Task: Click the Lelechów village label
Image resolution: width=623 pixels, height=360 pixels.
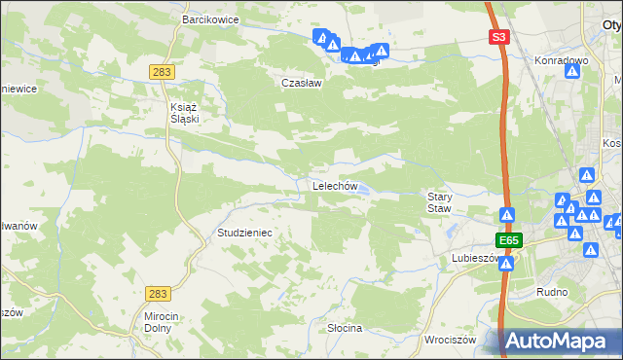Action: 336,186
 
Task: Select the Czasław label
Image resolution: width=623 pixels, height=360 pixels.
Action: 301,83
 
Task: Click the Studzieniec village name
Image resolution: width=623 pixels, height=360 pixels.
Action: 243,234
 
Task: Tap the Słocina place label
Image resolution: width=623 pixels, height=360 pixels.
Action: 345,328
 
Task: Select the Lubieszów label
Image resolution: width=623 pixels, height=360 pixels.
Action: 474,259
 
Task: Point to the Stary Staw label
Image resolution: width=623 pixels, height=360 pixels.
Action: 440,201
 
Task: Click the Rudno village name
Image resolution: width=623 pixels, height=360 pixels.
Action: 552,292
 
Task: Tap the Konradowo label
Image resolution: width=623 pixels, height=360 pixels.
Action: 562,60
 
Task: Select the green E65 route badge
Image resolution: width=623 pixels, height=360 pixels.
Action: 507,239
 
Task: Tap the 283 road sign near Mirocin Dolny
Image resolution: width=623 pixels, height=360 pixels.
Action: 159,292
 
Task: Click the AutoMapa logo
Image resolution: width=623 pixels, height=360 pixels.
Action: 562,341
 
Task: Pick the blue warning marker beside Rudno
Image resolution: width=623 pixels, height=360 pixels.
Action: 590,250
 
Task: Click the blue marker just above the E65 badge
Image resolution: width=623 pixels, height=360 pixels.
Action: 507,215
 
